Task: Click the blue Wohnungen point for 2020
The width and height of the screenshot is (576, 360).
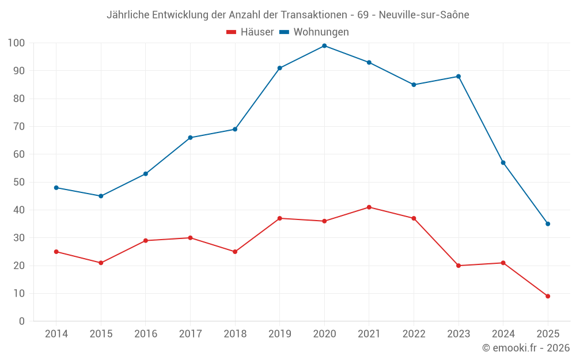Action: coord(324,46)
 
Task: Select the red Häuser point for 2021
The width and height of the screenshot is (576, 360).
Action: coord(369,207)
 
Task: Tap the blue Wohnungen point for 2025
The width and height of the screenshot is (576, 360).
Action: coord(548,224)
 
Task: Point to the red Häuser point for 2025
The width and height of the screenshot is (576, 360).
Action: coord(548,296)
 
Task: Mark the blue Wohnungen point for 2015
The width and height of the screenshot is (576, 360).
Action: coord(101,196)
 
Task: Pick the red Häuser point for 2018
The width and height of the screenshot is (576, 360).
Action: coord(235,252)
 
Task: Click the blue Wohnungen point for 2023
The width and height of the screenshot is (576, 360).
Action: coord(458,77)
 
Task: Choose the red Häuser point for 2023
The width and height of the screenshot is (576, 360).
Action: coord(458,266)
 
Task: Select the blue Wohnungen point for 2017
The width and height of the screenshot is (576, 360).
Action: coord(190,138)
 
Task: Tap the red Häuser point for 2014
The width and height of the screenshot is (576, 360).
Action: coord(56,252)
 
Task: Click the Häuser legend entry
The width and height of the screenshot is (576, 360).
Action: coord(250,32)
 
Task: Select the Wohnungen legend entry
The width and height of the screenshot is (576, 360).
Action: coord(314,32)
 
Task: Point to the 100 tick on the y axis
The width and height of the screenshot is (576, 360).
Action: coord(16,43)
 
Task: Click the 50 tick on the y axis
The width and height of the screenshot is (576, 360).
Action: coord(19,182)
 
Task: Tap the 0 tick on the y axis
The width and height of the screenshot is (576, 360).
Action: coord(22,321)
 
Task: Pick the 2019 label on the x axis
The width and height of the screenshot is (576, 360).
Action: coord(280,334)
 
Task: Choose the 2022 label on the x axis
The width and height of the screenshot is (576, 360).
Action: coord(414,334)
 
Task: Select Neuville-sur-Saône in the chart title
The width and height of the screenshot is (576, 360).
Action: coord(425,15)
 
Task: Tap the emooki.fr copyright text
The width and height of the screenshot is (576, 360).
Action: coord(526,348)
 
